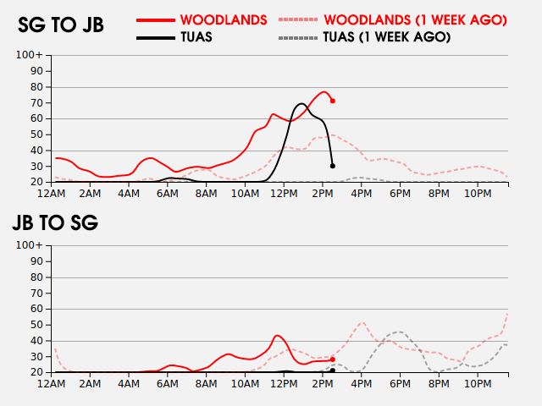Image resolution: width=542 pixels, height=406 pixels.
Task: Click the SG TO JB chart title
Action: click(x=61, y=25)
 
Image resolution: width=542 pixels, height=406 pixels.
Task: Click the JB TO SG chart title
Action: click(x=55, y=223)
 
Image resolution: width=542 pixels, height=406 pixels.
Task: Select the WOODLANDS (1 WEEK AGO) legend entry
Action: click(x=415, y=19)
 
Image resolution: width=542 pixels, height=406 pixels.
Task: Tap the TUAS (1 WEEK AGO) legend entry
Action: click(x=387, y=37)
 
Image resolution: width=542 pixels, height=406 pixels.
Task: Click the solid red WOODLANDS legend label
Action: click(x=224, y=19)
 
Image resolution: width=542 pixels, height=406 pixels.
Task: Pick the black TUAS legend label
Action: click(x=196, y=37)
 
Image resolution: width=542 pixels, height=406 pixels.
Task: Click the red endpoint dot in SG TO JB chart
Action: click(x=333, y=101)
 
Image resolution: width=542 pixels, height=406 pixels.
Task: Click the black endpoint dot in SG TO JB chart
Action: click(x=333, y=166)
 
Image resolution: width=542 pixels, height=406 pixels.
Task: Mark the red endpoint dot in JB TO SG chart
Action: click(x=333, y=359)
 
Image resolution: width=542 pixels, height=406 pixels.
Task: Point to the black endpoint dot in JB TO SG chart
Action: click(x=333, y=370)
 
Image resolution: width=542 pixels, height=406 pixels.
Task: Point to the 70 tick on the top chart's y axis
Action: click(x=36, y=102)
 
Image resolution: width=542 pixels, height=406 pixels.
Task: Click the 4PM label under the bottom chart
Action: click(x=362, y=384)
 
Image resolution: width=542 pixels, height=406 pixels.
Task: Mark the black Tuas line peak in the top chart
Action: click(x=301, y=104)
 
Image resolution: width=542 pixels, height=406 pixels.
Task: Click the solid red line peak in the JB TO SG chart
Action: click(x=277, y=335)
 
